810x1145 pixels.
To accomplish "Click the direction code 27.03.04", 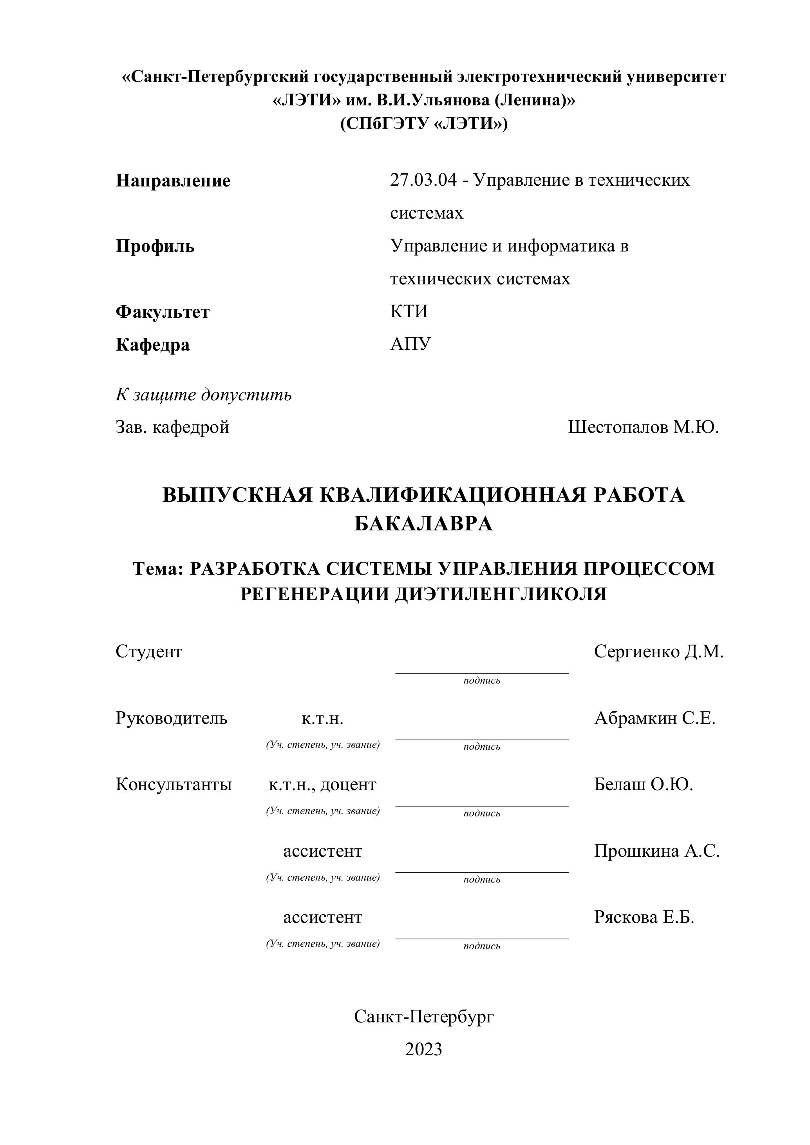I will [x=423, y=180].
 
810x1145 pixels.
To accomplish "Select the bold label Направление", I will [x=173, y=181].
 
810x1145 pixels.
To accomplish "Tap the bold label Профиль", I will [x=155, y=246].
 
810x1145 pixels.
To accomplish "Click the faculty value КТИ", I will [x=409, y=312].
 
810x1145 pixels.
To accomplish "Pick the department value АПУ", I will [x=410, y=344].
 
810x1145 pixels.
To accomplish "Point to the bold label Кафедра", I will [x=153, y=345].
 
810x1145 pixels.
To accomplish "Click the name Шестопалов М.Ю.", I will [x=643, y=427].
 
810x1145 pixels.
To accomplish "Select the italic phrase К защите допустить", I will [x=204, y=395].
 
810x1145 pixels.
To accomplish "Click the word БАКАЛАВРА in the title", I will [x=423, y=524].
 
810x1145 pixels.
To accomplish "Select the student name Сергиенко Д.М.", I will [x=658, y=652].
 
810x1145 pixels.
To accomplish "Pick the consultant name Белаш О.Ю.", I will [x=644, y=785].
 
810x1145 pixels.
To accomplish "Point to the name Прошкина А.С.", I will [x=656, y=851].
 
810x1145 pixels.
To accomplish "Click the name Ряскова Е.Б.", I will [x=644, y=917].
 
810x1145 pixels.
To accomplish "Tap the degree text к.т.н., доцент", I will [x=322, y=785].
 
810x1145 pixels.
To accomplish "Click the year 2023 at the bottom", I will [x=423, y=1049].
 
